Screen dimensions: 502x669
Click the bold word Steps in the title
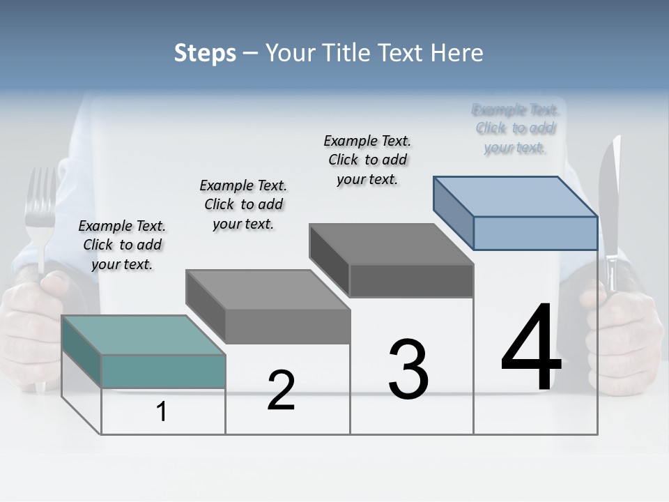click(x=205, y=53)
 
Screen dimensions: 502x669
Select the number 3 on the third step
click(x=408, y=370)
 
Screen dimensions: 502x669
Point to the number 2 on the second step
click(x=281, y=390)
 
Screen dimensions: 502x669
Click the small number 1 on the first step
click(x=162, y=412)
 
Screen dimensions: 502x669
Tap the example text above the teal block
click(x=123, y=245)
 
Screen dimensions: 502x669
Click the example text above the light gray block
click(x=243, y=204)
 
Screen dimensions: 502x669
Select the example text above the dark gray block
click(x=367, y=160)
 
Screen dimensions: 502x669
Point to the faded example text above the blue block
click(x=515, y=128)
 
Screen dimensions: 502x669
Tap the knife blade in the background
click(x=610, y=202)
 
